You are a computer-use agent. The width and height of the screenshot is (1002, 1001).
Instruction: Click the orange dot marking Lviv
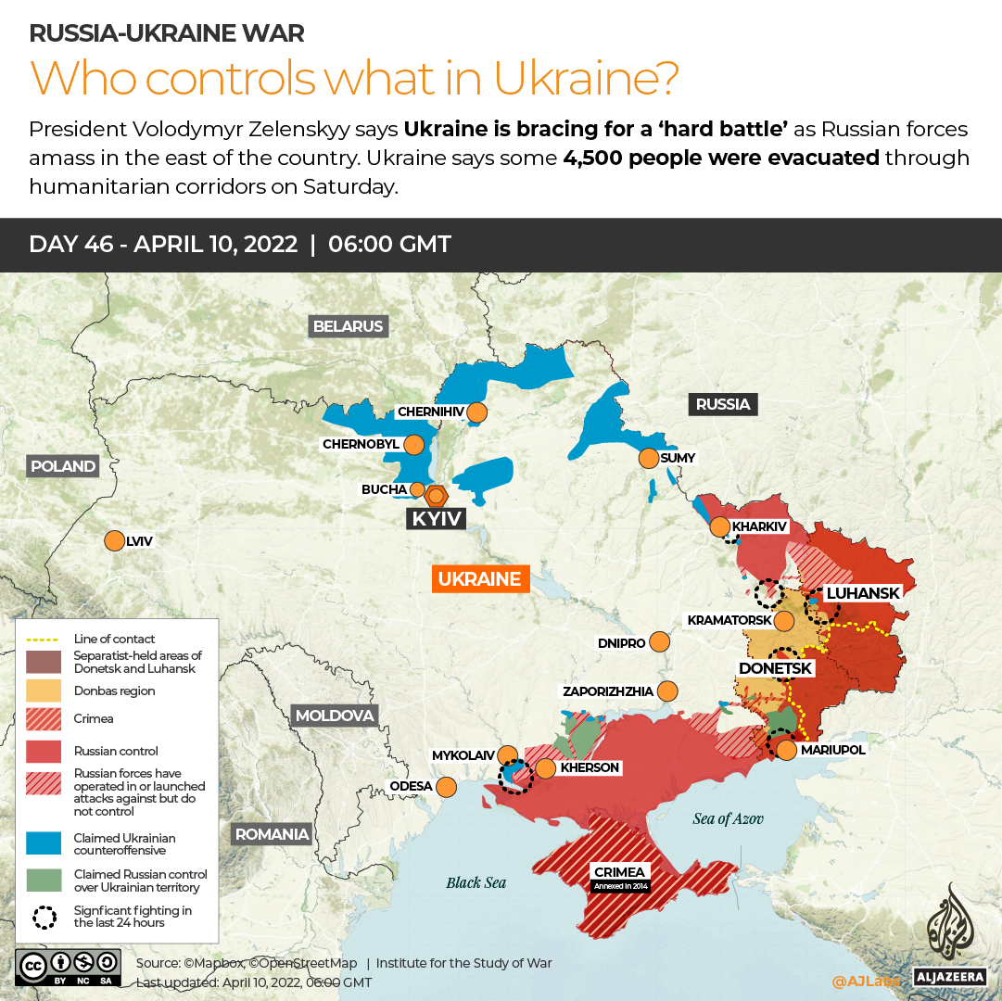tap(115, 540)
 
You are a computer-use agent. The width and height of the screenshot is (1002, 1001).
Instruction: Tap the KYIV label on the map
tap(436, 518)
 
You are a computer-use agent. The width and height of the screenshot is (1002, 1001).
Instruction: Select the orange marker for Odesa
tap(446, 787)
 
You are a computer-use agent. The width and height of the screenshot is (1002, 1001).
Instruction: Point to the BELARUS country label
tap(348, 326)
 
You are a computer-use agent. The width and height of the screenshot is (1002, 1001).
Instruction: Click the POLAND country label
tap(62, 466)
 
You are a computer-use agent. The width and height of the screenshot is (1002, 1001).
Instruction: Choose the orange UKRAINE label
tap(479, 579)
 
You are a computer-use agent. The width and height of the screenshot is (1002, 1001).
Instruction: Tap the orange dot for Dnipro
tap(660, 641)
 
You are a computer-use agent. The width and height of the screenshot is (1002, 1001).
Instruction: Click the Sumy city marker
tap(648, 458)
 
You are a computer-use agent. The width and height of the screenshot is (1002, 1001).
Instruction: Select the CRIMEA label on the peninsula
tap(620, 872)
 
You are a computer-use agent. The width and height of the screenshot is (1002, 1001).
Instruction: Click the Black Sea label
tap(476, 882)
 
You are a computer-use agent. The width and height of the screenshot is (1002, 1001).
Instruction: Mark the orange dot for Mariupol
tap(786, 750)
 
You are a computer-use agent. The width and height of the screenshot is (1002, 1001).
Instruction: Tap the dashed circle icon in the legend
tap(44, 917)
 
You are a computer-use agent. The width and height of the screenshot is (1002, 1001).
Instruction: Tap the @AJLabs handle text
tap(865, 981)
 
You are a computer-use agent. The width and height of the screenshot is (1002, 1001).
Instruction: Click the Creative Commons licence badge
tap(68, 966)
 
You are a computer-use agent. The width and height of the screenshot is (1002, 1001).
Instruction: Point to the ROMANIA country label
tap(272, 833)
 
